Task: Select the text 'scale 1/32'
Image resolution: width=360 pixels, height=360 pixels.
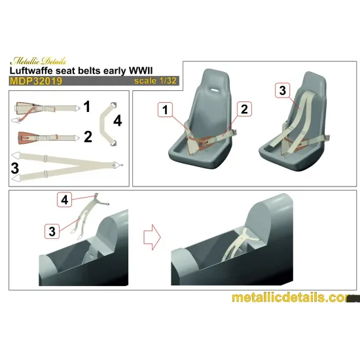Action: click(154, 82)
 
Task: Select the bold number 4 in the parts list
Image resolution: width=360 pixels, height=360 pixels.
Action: click(117, 120)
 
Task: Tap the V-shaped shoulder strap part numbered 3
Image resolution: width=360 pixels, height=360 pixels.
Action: click(65, 164)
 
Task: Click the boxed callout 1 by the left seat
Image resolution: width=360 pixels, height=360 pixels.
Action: click(165, 109)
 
